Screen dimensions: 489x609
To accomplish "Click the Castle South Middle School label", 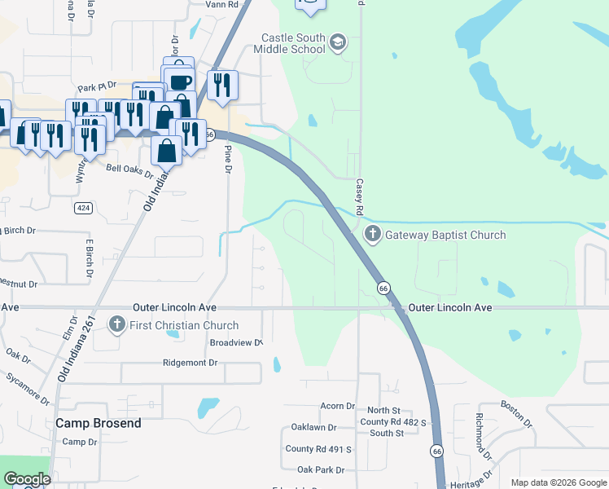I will tap(293, 43).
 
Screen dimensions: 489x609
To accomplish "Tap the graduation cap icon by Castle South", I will tap(340, 42).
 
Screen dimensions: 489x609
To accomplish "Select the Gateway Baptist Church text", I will tap(445, 235).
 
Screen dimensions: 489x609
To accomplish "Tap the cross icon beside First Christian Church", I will tap(119, 326).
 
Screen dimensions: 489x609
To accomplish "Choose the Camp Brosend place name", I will tap(98, 423).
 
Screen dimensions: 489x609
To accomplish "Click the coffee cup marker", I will tap(179, 81).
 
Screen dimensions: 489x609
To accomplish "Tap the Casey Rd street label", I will tap(358, 192).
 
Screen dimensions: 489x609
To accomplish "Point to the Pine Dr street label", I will tap(229, 158).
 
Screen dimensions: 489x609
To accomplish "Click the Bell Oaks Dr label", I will tap(130, 169).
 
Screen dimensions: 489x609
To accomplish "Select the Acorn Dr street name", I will tap(337, 406).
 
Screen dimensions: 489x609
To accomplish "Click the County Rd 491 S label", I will tap(318, 449).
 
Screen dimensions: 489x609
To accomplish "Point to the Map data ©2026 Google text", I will tap(558, 482).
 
